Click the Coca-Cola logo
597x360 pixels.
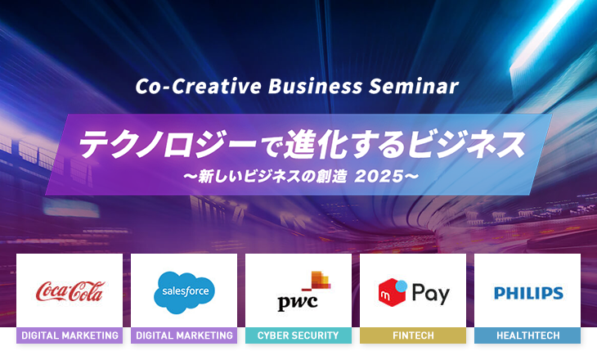[x=70, y=291]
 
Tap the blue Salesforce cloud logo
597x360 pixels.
[x=184, y=293]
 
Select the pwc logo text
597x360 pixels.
[x=298, y=302]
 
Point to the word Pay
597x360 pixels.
[x=431, y=294]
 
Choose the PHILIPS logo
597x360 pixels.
[x=528, y=293]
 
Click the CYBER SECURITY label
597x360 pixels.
[x=298, y=335]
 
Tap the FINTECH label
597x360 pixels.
[x=413, y=335]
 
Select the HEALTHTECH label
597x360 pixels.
[x=527, y=335]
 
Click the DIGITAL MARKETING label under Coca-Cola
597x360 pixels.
[x=70, y=335]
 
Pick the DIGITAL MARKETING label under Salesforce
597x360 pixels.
[x=184, y=335]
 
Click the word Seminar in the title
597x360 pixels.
[x=414, y=86]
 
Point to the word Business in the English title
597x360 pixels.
[x=315, y=86]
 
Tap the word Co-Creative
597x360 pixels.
[x=199, y=86]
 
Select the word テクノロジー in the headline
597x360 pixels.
[x=168, y=144]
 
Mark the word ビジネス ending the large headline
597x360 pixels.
[x=467, y=144]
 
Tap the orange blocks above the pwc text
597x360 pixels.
[x=319, y=281]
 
